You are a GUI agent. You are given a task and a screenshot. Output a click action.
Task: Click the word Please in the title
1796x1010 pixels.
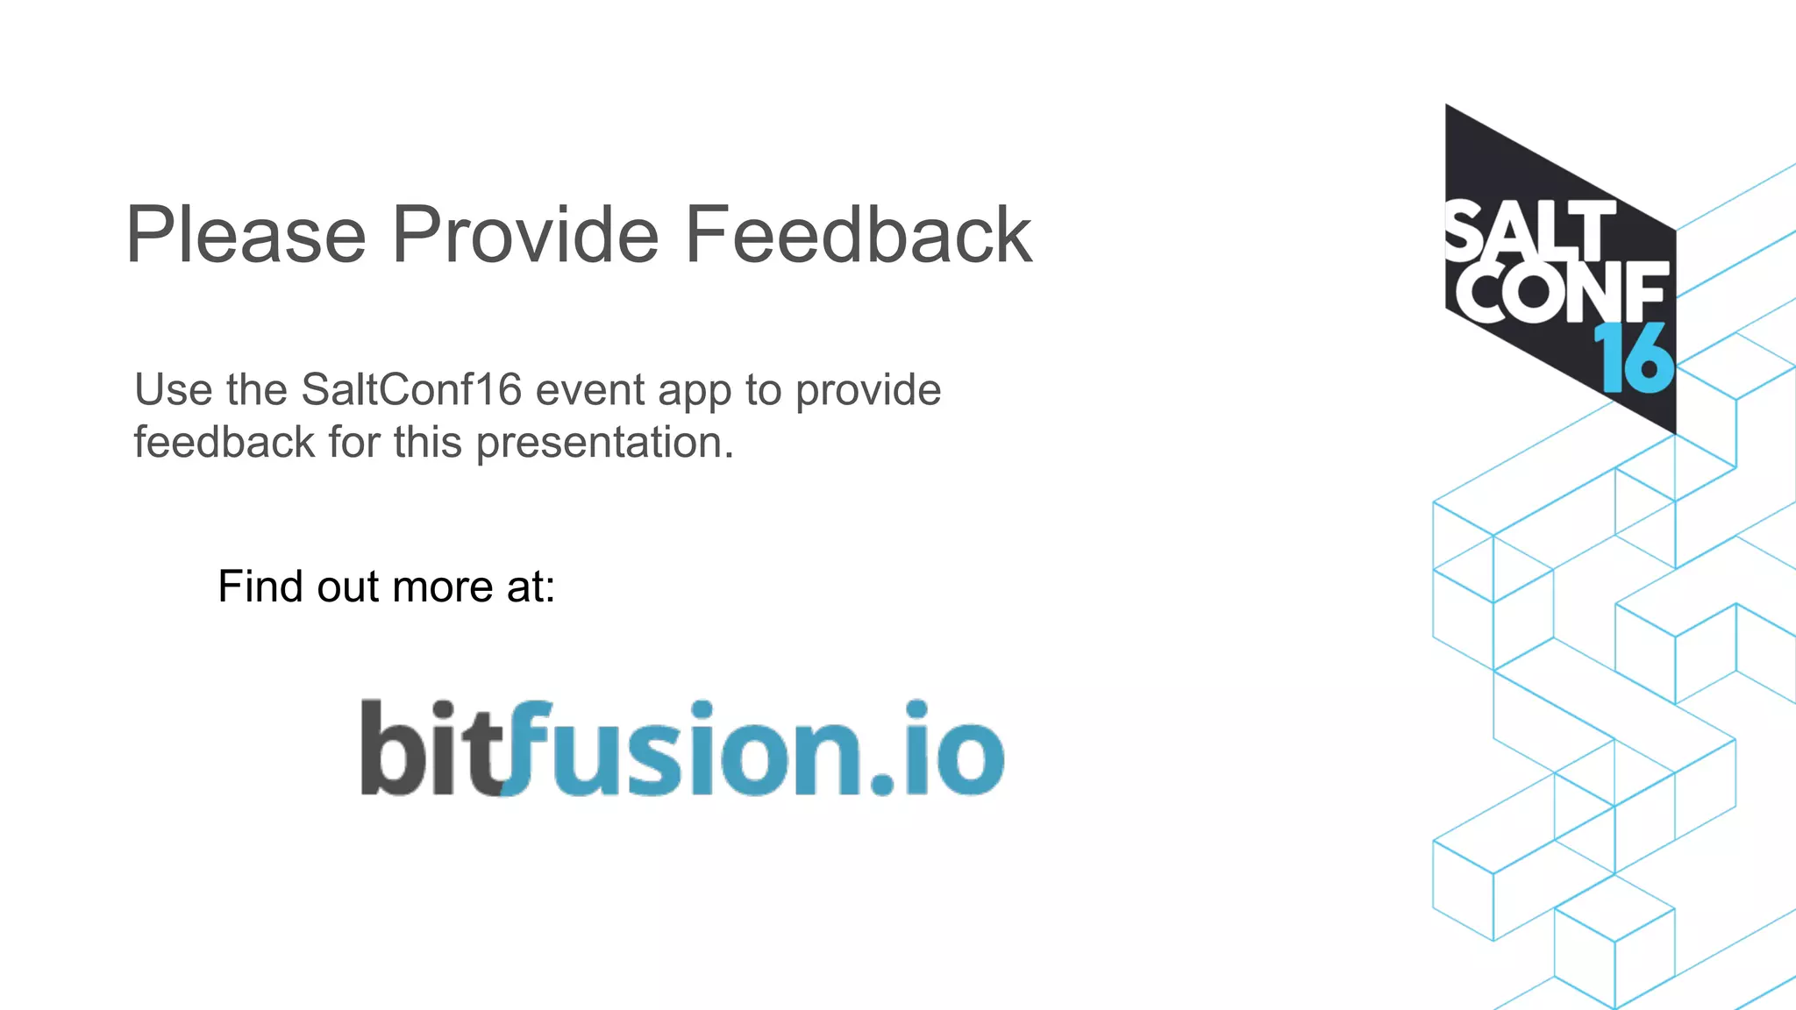click(246, 235)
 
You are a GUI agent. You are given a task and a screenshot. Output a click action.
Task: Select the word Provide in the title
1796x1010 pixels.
click(524, 235)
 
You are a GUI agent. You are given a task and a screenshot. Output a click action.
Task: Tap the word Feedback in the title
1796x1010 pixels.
click(858, 235)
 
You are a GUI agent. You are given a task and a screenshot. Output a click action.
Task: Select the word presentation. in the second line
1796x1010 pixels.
click(604, 443)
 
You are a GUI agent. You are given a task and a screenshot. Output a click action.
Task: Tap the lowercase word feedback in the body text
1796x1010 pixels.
click(224, 442)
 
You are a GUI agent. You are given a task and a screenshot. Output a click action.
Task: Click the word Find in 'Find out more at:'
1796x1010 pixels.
click(260, 586)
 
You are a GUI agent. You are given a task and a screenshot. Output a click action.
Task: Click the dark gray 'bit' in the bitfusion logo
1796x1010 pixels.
click(430, 750)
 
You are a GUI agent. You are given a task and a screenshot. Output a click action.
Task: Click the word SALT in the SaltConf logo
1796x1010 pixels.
click(1530, 231)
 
